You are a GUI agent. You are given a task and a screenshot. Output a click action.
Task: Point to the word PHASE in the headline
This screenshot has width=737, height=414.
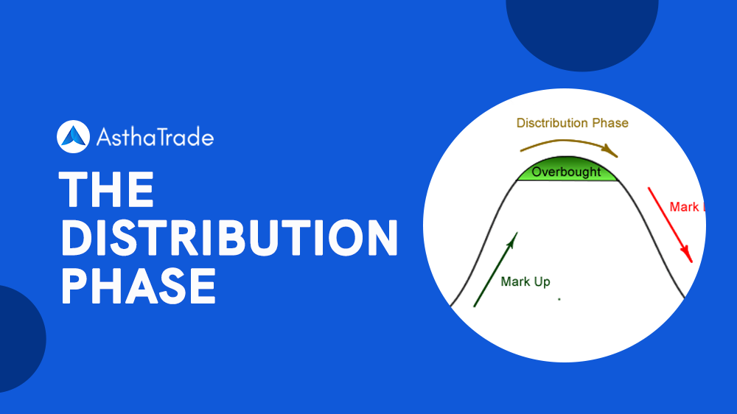coord(138,286)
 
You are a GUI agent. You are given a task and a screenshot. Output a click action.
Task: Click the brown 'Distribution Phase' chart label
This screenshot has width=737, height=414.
coord(572,123)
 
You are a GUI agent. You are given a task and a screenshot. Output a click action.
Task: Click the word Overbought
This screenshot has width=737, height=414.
coord(566,172)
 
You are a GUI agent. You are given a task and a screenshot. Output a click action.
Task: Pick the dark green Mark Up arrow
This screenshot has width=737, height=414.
coord(495,269)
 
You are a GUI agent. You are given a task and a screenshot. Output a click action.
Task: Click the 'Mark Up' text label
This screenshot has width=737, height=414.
coord(525,281)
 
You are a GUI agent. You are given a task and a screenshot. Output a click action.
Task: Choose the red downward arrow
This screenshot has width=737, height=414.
coord(670,225)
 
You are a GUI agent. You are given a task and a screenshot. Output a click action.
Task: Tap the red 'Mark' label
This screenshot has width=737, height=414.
coord(684,207)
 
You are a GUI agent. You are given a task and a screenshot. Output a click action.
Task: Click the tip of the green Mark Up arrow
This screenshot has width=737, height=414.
coord(516,235)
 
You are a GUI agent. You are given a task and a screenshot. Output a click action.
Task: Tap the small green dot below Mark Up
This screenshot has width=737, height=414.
coord(559,299)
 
